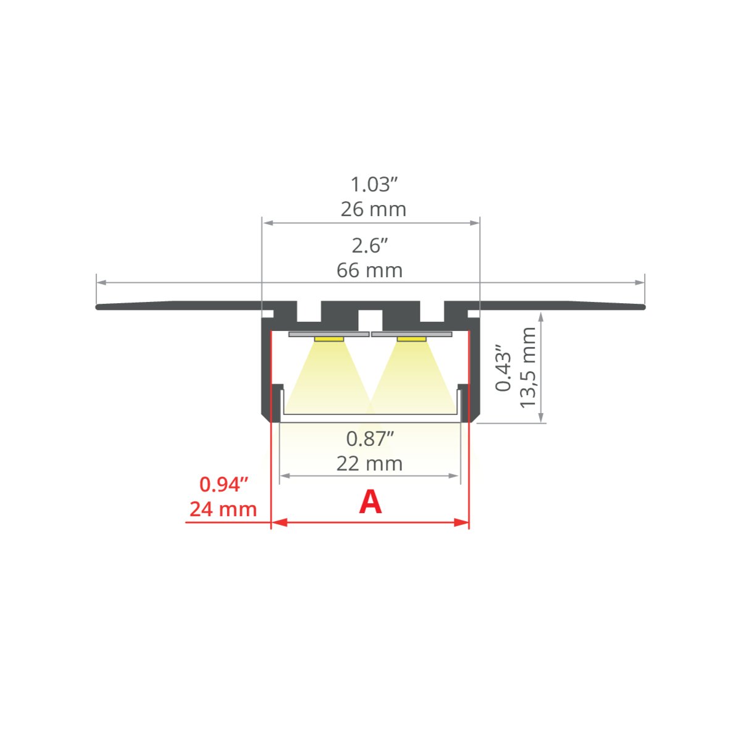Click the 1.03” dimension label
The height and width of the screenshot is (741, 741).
coord(373,185)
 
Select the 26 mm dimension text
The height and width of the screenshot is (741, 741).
coord(373,209)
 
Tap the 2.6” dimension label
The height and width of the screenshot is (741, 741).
coord(369,246)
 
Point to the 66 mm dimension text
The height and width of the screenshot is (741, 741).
coord(369,270)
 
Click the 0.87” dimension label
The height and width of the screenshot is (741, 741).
coord(369,439)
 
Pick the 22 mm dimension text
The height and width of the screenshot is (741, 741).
coord(369,464)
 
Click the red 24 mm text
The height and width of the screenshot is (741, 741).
coord(223,509)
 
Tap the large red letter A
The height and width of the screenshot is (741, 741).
coord(371,503)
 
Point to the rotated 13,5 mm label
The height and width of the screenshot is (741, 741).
coord(527,367)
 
